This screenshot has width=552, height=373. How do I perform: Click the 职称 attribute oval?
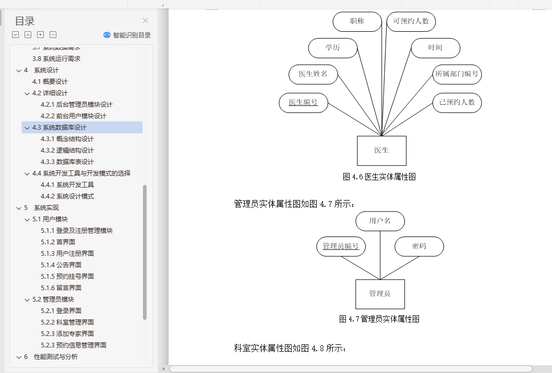pyautogui.click(x=357, y=21)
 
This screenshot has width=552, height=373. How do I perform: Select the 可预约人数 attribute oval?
pyautogui.click(x=411, y=21)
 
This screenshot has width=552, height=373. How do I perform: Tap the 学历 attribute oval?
pyautogui.click(x=333, y=48)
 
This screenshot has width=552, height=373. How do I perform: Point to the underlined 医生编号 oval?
pyautogui.click(x=303, y=102)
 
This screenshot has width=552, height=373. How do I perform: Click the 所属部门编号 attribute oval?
pyautogui.click(x=457, y=74)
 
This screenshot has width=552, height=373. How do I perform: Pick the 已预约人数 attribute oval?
pyautogui.click(x=457, y=102)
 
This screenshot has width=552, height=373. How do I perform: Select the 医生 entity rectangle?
pyautogui.click(x=381, y=151)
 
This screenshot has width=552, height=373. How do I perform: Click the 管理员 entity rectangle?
pyautogui.click(x=380, y=294)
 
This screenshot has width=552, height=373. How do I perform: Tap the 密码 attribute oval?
pyautogui.click(x=419, y=246)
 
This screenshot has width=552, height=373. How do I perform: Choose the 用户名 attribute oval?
pyautogui.click(x=380, y=221)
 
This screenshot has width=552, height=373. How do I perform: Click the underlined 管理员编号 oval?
pyautogui.click(x=341, y=246)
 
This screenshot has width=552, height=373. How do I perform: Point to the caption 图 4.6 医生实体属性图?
pyautogui.click(x=379, y=177)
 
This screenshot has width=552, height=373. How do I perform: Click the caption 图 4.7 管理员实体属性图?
pyautogui.click(x=379, y=319)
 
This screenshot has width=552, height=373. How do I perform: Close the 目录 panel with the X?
pyautogui.click(x=146, y=21)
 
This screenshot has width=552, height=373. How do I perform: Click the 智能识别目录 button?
pyautogui.click(x=127, y=35)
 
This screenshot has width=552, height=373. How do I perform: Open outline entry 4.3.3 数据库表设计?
pyautogui.click(x=67, y=161)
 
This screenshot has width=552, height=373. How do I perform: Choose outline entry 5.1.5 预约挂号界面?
pyautogui.click(x=67, y=276)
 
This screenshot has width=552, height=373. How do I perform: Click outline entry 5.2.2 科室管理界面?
pyautogui.click(x=67, y=322)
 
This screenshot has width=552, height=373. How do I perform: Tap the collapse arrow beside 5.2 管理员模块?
pyautogui.click(x=28, y=300)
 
